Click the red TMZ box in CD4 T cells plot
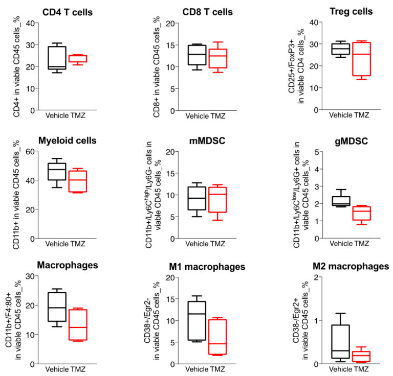[x=78, y=59]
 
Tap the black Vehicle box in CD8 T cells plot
[x=196, y=55]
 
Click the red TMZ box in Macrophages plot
[x=78, y=325]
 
